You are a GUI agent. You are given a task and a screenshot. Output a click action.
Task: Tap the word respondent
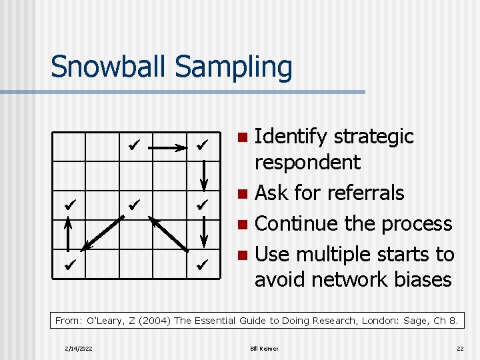point(307,163)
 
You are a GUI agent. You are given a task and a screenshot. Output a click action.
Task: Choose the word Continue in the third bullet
point(297,223)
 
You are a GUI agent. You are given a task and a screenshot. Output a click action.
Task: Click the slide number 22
point(459,349)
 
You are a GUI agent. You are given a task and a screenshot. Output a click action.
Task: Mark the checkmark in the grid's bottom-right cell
point(203,264)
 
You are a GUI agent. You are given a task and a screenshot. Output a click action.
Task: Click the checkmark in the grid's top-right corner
point(203,143)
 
